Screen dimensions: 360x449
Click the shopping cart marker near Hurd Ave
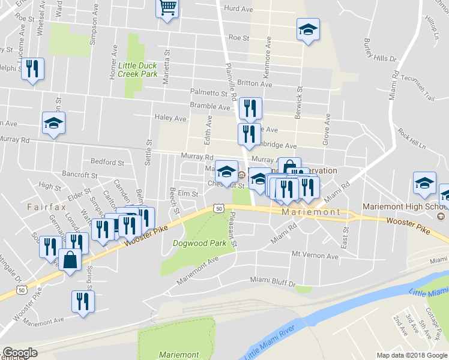coord(167,8)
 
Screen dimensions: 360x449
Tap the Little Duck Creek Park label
coord(137,70)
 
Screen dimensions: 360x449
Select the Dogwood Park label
coord(199,243)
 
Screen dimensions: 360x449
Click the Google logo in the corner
coord(20,353)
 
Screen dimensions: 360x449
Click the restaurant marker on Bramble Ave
coord(250,109)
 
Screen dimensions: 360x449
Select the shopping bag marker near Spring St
coord(70,261)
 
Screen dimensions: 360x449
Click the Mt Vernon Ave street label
coord(315,256)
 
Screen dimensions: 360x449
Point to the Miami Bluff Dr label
coord(273,281)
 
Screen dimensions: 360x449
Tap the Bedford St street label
coord(107,162)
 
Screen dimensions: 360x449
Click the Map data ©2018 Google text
coord(412,355)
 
